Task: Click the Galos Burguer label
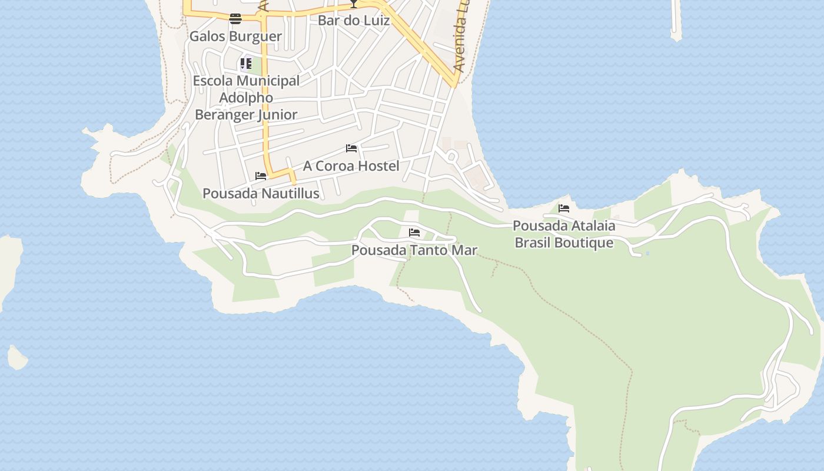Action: [x=235, y=36]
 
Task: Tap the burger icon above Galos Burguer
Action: [x=235, y=19]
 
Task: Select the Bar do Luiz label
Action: [x=353, y=21]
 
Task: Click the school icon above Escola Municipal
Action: [x=246, y=64]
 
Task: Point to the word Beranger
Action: [x=224, y=115]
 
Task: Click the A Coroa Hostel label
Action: [x=351, y=166]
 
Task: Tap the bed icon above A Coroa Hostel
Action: [x=351, y=148]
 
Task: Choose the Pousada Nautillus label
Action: [x=261, y=193]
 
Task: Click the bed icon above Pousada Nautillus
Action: [x=261, y=176]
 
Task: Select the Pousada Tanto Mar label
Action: [x=414, y=250]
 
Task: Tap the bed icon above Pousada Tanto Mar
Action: [x=414, y=233]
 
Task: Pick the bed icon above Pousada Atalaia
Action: [x=564, y=208]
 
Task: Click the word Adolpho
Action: [x=246, y=98]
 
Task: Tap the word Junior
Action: [x=277, y=115]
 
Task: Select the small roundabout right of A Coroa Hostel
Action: [x=452, y=157]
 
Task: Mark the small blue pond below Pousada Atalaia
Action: [x=647, y=253]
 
